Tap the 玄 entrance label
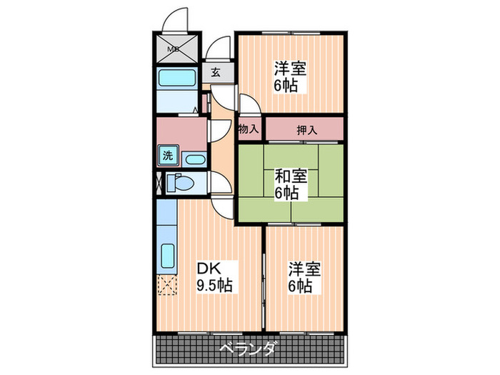[215, 71]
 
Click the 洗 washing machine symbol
[168, 156]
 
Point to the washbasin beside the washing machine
[194, 158]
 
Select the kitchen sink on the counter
[168, 255]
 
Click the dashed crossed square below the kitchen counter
[166, 286]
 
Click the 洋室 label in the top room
[290, 69]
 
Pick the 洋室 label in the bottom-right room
[304, 269]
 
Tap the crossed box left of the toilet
[158, 183]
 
